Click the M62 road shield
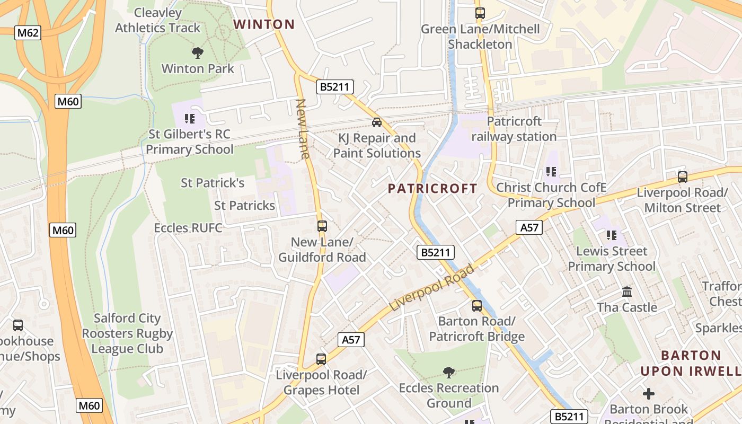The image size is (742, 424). tap(28, 33)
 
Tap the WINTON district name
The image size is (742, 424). tap(264, 24)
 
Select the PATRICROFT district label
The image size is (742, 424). tap(432, 189)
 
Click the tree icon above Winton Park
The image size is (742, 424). tap(198, 52)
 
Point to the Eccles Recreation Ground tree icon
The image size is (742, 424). tap(449, 373)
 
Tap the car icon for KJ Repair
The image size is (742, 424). tap(377, 122)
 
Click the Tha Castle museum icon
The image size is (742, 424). tap(627, 292)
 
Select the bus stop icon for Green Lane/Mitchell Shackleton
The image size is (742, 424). tap(480, 13)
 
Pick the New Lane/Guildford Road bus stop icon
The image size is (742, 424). tap(322, 226)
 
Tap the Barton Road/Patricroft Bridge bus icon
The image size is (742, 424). tap(477, 306)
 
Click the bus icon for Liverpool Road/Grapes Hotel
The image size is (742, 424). tap(321, 359)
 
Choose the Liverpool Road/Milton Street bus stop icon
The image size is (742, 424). tap(683, 177)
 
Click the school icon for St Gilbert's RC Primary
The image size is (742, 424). tap(190, 118)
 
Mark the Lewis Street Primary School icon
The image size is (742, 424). tap(612, 235)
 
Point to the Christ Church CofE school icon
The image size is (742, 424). tap(551, 172)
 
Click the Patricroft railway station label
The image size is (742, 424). tap(514, 129)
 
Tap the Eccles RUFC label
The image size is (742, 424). tap(188, 228)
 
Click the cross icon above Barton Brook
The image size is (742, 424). tap(649, 394)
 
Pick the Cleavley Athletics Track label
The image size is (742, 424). tap(158, 20)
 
